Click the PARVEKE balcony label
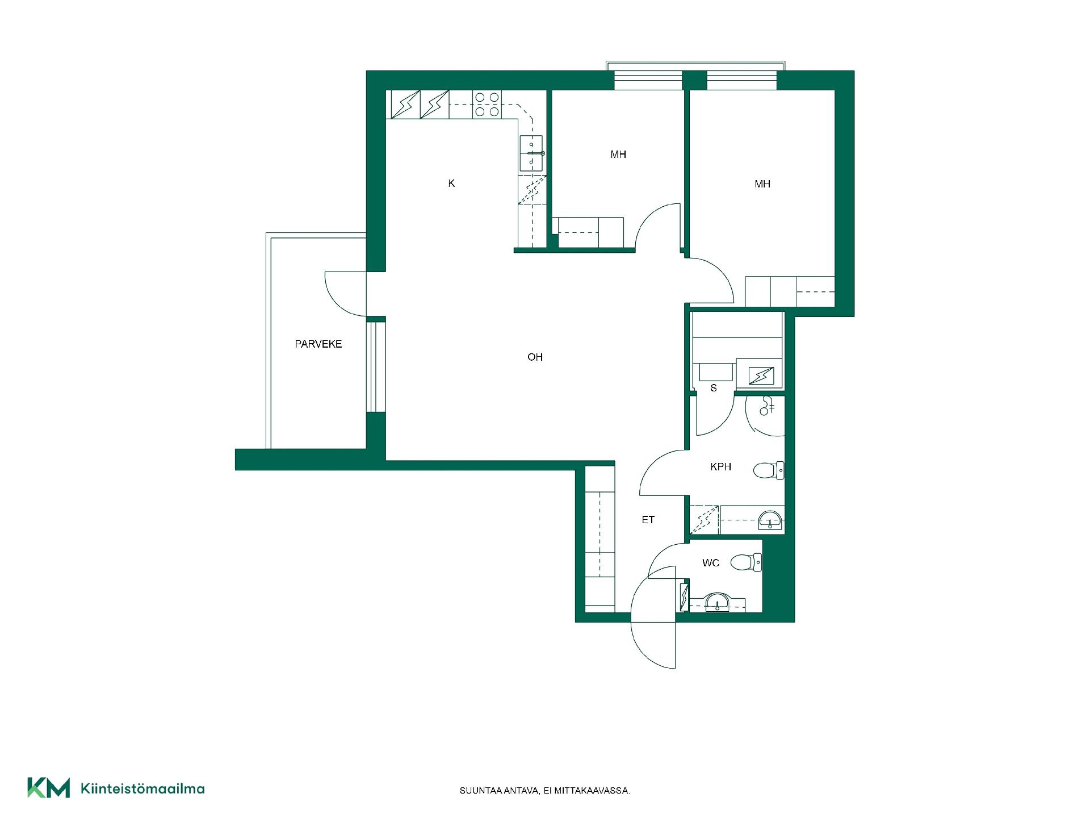coord(318,344)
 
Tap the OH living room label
coord(535,357)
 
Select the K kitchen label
coord(451,183)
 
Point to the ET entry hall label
coord(648,520)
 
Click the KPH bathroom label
coord(721,467)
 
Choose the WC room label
coord(711,563)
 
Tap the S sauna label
coord(714,388)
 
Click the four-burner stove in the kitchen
coord(487,105)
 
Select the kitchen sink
coord(532,153)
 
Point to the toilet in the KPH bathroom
coord(769,470)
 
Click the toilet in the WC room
coord(746,562)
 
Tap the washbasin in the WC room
coord(718,602)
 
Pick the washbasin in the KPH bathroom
coord(770,520)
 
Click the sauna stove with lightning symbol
coord(761,375)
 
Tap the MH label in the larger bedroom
coord(762,184)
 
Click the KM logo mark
coord(49,788)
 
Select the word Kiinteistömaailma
coord(143,788)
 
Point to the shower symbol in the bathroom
coord(768,406)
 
